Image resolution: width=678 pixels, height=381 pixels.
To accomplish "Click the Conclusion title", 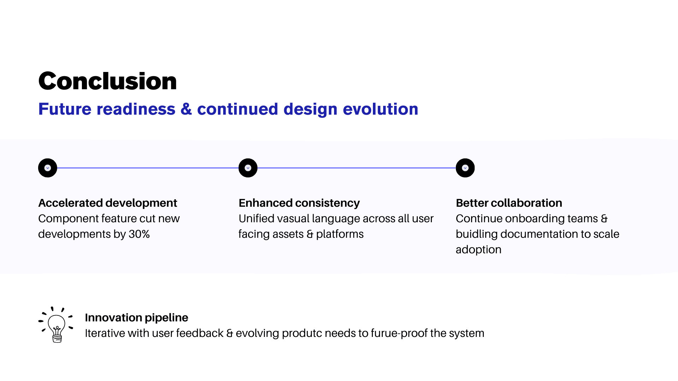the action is (107, 81).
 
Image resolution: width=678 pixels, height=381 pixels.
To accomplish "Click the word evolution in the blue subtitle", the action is (380, 109).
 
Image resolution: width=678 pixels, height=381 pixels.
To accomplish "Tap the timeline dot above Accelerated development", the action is (48, 168).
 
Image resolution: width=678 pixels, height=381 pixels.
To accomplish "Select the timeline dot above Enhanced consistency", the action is (248, 168).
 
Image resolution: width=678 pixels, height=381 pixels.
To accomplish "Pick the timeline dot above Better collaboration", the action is (465, 168).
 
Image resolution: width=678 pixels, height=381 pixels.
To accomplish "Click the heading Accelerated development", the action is (108, 203).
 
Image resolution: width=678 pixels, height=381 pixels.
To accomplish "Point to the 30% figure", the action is (139, 234).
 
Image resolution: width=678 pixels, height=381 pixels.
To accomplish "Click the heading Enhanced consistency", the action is (299, 203).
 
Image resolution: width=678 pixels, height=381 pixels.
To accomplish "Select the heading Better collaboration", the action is (509, 203).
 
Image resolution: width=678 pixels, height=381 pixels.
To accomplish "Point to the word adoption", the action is (478, 250).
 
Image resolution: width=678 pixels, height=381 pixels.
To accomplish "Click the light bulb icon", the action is (56, 325).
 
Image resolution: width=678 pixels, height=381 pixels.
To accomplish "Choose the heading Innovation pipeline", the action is (136, 317).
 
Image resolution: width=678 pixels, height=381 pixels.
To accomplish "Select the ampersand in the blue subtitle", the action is (186, 109).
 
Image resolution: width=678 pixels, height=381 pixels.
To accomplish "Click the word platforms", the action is (340, 234).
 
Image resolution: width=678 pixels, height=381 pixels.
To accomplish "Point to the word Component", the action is (68, 219).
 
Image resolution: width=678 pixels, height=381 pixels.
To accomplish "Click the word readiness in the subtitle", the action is (136, 109).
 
